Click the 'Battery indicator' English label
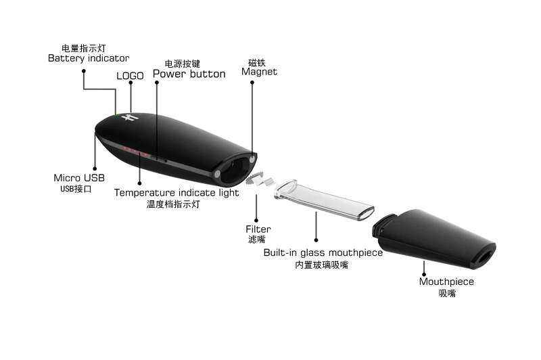(x=89, y=59)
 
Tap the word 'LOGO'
(x=130, y=76)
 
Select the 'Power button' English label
(x=189, y=74)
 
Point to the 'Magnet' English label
(x=260, y=72)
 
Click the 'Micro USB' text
(x=79, y=178)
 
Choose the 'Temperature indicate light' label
(x=176, y=193)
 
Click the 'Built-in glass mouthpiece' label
(x=323, y=253)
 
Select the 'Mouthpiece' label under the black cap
(x=446, y=282)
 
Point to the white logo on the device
(x=133, y=118)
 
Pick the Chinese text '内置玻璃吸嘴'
(x=322, y=265)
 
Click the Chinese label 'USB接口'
(x=76, y=189)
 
